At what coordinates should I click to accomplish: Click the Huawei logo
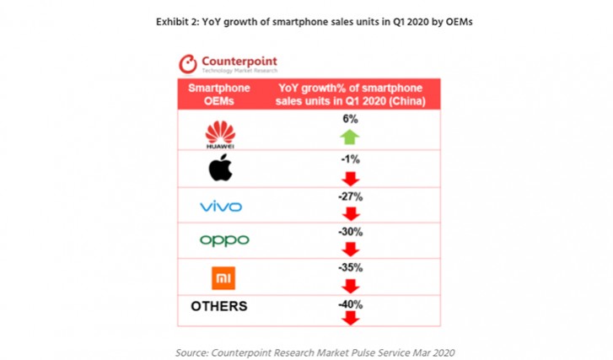(x=220, y=133)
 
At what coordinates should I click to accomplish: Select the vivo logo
(x=220, y=207)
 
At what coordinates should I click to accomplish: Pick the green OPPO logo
(x=224, y=240)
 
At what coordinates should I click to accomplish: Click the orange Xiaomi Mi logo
(x=223, y=277)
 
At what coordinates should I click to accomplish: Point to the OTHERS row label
(x=219, y=306)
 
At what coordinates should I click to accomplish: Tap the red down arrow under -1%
(x=350, y=178)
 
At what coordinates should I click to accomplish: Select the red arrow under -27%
(x=350, y=213)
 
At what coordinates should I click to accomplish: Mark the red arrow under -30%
(x=350, y=249)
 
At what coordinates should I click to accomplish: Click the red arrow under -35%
(x=350, y=284)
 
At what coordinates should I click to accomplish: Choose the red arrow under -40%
(x=350, y=318)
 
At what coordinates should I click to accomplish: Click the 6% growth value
(x=350, y=120)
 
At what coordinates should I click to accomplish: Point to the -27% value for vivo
(x=350, y=196)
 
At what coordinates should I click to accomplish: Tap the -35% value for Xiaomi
(x=350, y=267)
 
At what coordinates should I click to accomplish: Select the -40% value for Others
(x=350, y=303)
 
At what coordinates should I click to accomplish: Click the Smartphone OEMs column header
(x=218, y=94)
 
